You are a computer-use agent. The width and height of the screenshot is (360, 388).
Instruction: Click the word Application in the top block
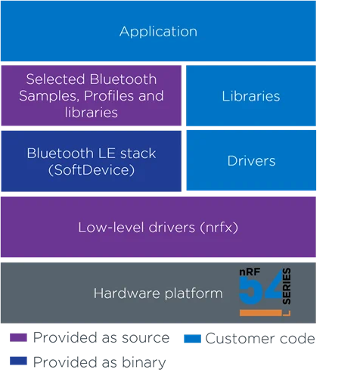click(158, 32)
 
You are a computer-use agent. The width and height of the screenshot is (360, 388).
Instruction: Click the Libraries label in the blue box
click(251, 96)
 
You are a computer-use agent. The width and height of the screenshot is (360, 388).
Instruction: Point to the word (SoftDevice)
click(92, 170)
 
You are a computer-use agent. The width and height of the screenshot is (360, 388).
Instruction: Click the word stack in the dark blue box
click(138, 154)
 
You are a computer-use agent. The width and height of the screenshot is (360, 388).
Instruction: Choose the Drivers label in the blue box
click(251, 161)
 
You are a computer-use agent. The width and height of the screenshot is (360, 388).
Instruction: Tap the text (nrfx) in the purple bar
click(219, 228)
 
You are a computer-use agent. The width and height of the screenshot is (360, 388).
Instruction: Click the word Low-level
click(111, 228)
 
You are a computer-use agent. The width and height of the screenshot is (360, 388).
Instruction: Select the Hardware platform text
click(158, 293)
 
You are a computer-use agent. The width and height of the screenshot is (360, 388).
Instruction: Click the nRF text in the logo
click(250, 272)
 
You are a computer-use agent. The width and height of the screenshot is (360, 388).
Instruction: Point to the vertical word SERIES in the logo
click(287, 286)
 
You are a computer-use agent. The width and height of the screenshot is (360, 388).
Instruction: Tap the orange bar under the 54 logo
click(261, 313)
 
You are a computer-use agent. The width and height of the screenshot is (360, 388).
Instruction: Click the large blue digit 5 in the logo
click(250, 290)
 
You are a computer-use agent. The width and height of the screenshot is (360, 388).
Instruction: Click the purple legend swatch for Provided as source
click(18, 337)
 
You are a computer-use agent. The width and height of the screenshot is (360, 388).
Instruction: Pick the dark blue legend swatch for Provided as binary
click(18, 361)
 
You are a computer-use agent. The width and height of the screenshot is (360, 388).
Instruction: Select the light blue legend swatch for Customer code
click(192, 339)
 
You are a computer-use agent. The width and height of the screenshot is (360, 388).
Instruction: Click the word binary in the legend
click(144, 363)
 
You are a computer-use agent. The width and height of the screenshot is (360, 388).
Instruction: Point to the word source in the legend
click(146, 338)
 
